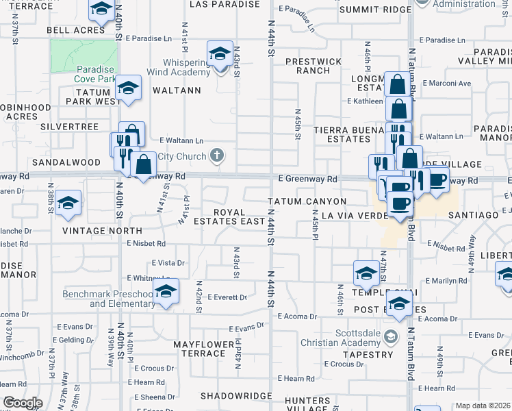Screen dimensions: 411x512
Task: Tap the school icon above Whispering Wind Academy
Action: coord(219,53)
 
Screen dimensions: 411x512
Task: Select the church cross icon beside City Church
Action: coord(217,156)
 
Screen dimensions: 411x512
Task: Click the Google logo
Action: coord(23,403)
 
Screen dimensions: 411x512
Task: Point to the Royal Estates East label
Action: coord(229,216)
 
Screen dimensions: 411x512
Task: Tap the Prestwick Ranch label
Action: coord(313,66)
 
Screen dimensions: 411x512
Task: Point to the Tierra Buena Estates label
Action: coord(342,134)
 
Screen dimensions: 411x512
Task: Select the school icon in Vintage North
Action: coord(68,203)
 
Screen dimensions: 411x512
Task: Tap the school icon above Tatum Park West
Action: coord(128,87)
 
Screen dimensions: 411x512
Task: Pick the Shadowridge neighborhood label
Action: coord(237,397)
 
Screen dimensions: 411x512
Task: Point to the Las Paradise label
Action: coord(225,4)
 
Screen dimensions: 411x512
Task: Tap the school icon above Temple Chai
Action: coord(366,273)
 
